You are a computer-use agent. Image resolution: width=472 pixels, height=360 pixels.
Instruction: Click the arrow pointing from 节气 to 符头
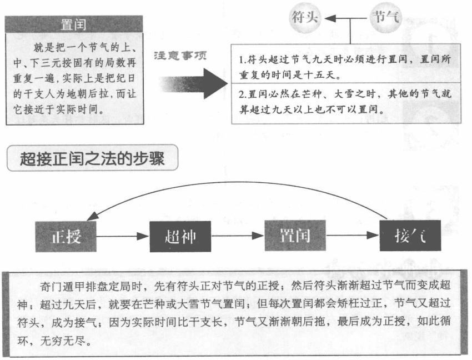pyautogui.click(x=338, y=18)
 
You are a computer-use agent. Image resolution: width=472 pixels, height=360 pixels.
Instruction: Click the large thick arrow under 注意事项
pyautogui.click(x=194, y=81)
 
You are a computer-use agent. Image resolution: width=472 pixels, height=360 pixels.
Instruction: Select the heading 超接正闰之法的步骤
pyautogui.click(x=92, y=159)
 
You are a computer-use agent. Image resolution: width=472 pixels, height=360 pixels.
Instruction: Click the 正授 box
pyautogui.click(x=66, y=236)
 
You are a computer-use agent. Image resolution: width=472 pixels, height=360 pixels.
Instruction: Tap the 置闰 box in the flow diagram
pyautogui.click(x=295, y=236)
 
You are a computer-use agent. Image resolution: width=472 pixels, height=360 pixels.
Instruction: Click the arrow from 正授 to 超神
pyautogui.click(x=123, y=237)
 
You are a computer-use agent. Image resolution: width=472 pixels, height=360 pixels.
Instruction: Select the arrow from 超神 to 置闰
pyautogui.click(x=238, y=237)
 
